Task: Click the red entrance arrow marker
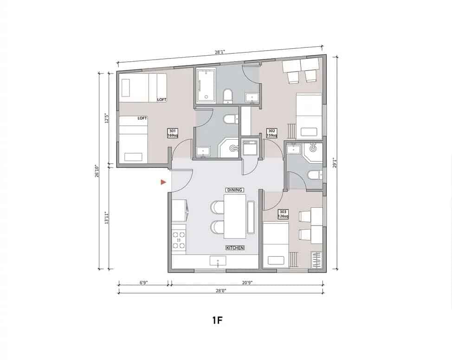point(163,182)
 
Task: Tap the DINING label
point(235,190)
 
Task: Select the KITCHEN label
point(235,248)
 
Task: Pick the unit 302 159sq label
point(272,134)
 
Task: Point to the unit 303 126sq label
point(283,214)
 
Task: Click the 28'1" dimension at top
point(220,53)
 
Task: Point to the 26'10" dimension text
point(97,170)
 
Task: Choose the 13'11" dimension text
point(106,218)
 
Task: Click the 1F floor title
point(216,321)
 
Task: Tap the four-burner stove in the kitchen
point(179,240)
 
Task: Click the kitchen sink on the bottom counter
point(218,262)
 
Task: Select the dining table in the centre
point(235,216)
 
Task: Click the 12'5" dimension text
point(106,118)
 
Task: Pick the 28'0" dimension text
point(220,291)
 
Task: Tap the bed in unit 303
point(275,244)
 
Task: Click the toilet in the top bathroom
point(227,96)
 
